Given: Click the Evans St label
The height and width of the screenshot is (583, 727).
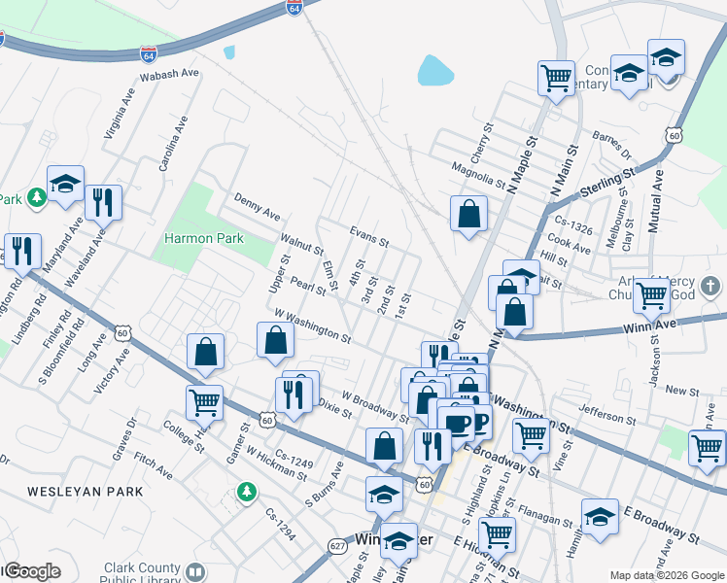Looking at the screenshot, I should pos(369,234).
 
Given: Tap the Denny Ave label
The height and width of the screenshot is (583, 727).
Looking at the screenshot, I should pos(258,206).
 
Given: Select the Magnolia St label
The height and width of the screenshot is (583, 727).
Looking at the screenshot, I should pos(479,176).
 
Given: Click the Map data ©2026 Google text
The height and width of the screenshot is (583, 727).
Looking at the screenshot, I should pos(667,575).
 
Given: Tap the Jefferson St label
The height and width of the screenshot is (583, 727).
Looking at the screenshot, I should pos(606,416).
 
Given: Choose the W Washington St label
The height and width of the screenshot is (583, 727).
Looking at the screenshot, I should pos(312,326).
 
